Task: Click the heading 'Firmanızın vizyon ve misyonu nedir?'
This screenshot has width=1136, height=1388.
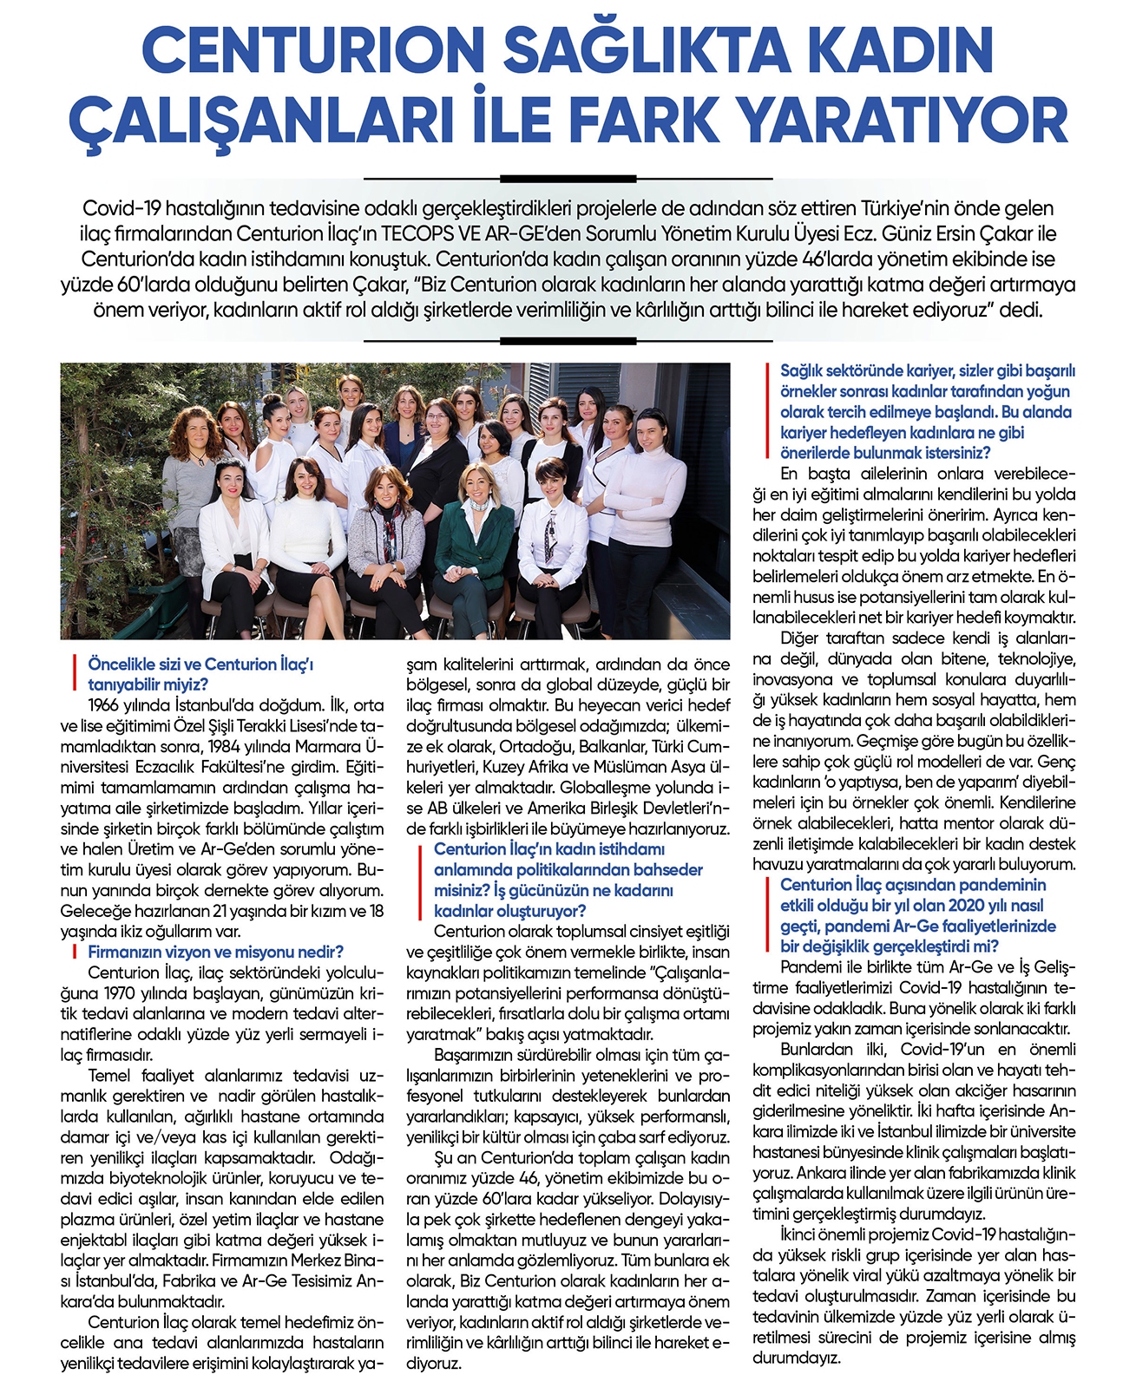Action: click(x=216, y=952)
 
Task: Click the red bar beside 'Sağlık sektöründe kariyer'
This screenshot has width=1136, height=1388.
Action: click(x=767, y=411)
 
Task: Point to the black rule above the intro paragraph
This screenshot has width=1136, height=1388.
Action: click(x=568, y=179)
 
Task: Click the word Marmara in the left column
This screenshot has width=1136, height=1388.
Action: click(x=329, y=747)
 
